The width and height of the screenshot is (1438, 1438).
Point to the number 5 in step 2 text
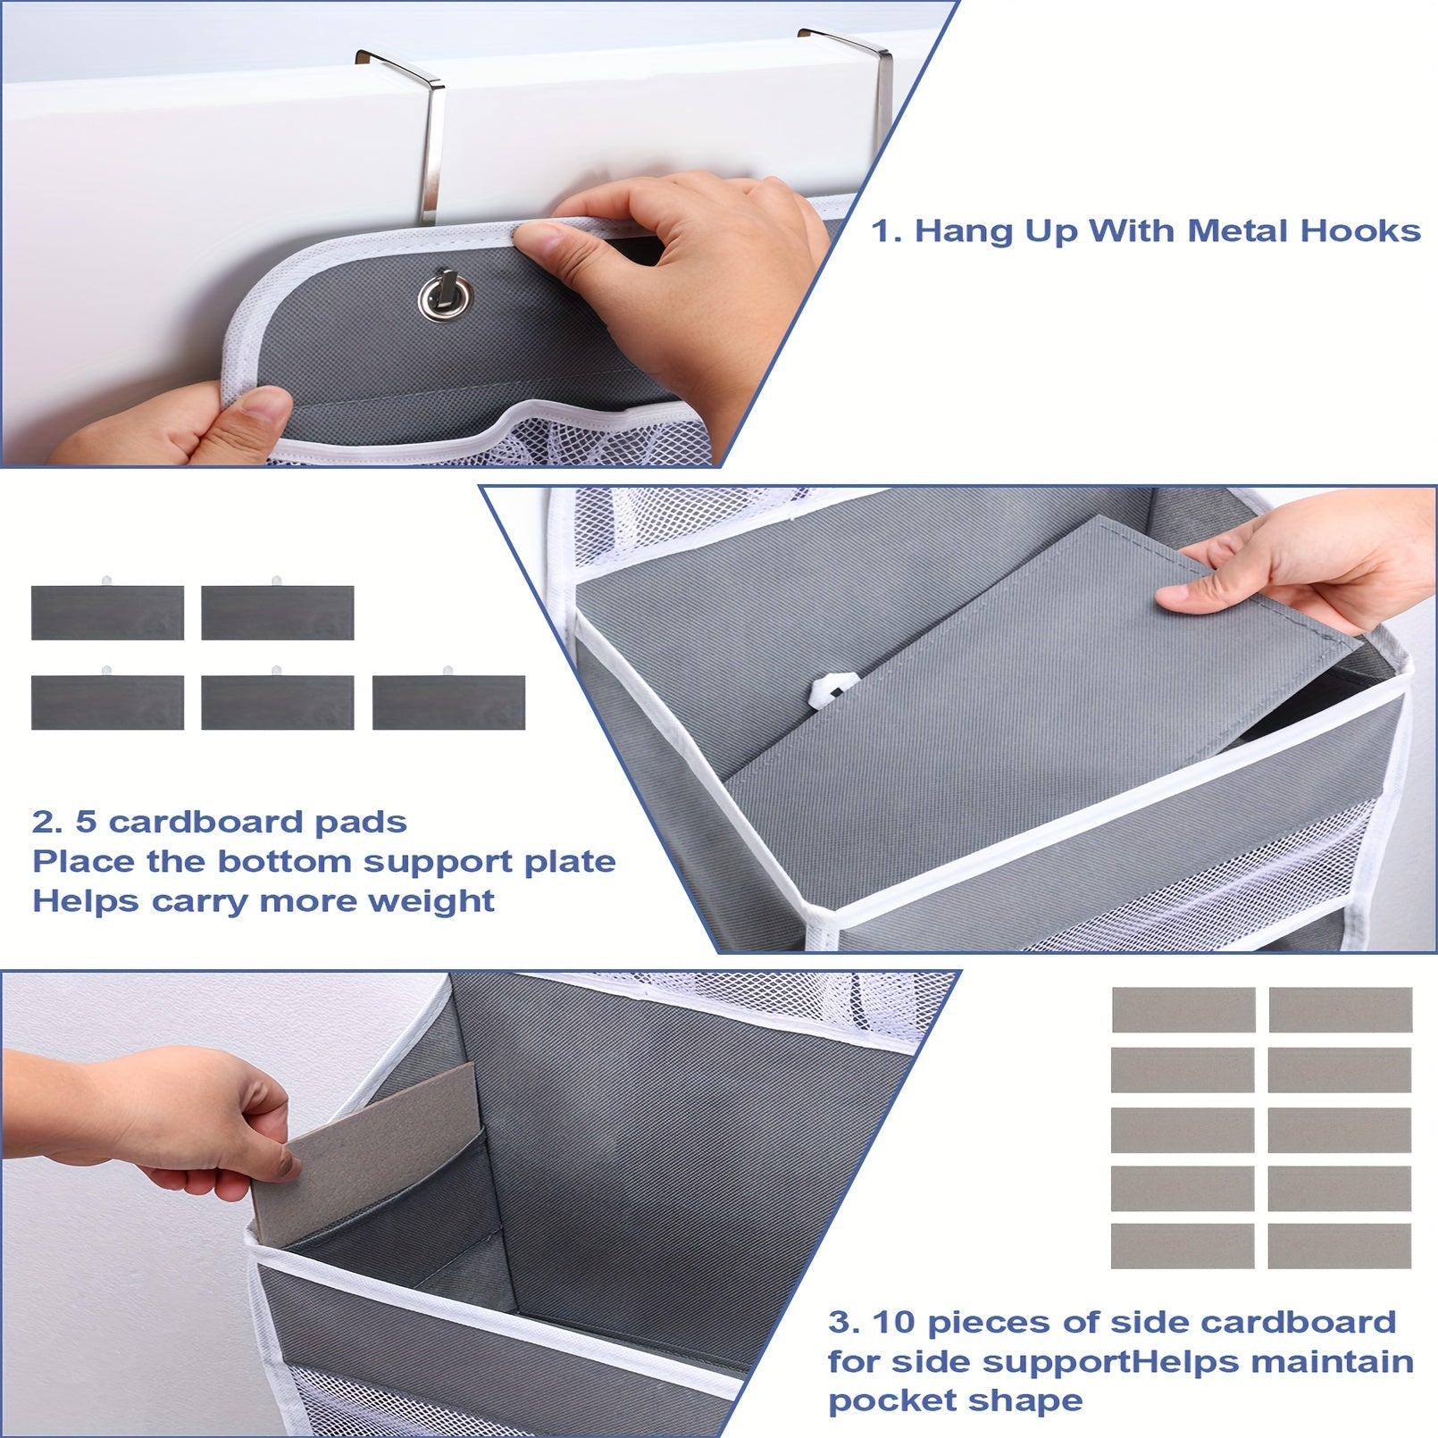tap(86, 822)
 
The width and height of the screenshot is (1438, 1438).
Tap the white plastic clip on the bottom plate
tap(832, 690)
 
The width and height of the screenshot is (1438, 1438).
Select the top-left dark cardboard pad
tap(107, 612)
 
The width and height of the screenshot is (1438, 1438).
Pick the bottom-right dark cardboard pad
tap(448, 702)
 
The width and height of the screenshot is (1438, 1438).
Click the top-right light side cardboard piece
tap(1340, 1009)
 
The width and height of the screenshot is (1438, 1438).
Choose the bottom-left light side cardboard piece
tap(1182, 1245)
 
